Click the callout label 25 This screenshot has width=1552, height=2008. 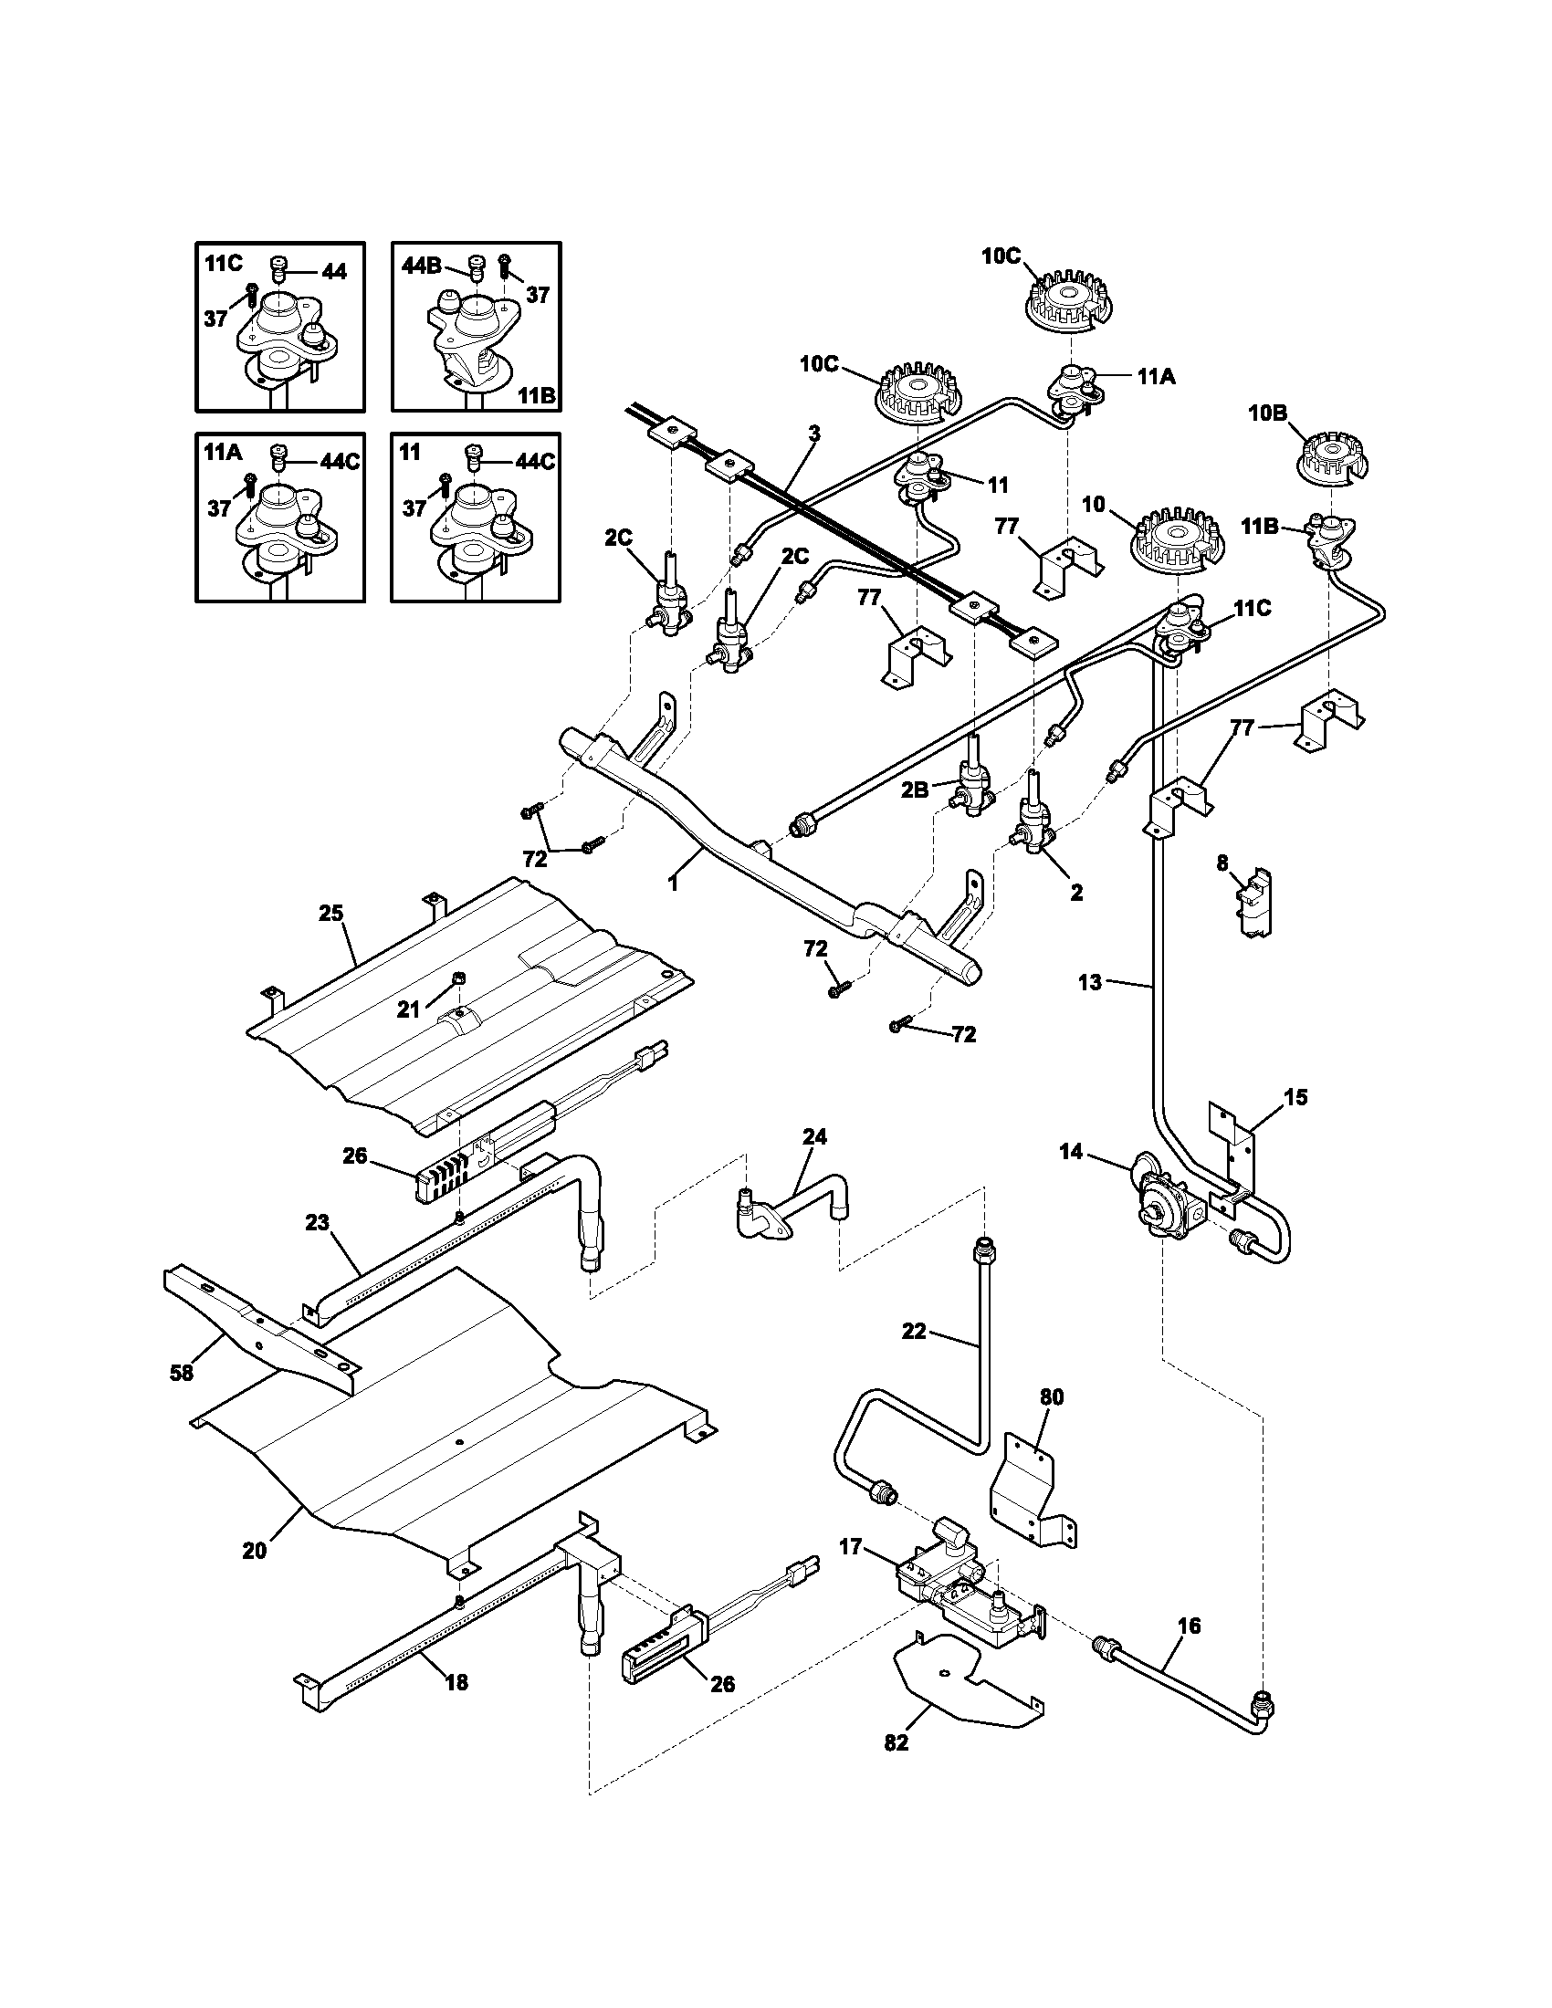click(331, 913)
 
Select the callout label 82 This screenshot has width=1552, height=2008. click(896, 1768)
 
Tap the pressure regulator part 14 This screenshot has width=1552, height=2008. click(1163, 1207)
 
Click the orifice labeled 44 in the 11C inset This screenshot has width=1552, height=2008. click(280, 270)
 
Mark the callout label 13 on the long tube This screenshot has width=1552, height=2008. click(1088, 983)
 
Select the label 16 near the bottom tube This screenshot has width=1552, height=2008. click(1188, 1626)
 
